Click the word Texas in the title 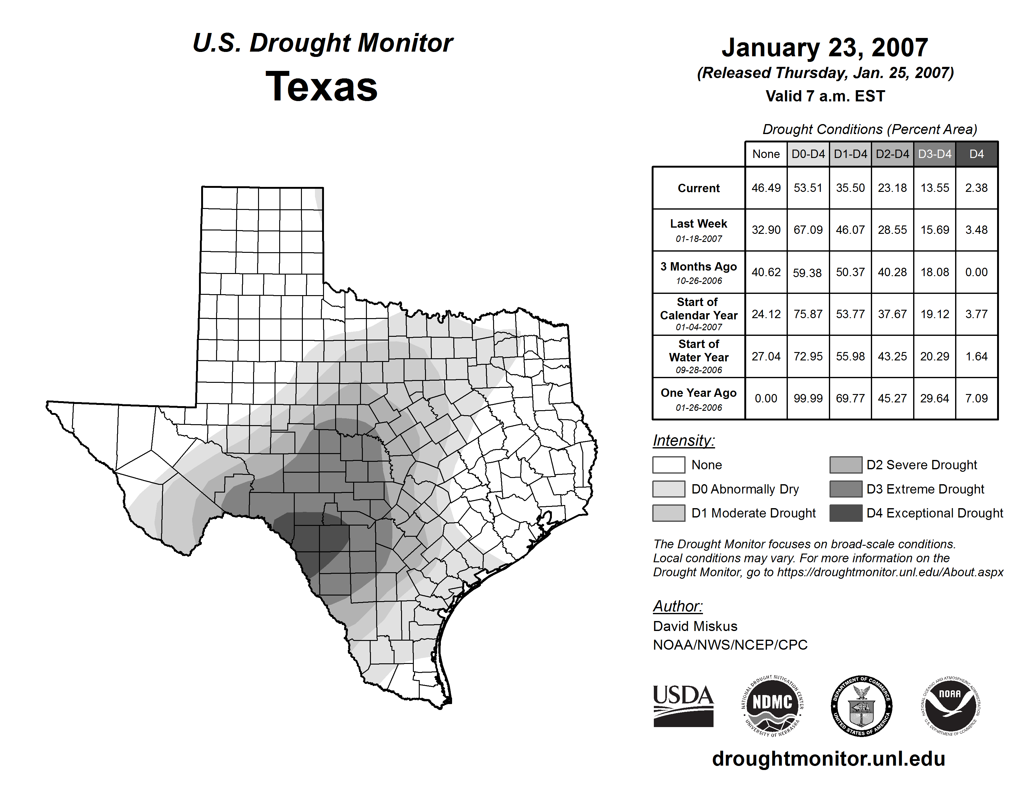321,86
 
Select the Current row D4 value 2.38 976,188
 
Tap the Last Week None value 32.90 766,230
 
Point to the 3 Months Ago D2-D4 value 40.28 892,272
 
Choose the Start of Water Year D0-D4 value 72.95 808,357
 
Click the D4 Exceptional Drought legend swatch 846,513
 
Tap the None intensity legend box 668,465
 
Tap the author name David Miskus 695,626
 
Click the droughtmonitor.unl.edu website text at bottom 828,759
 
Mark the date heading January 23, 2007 825,48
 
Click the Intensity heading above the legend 683,441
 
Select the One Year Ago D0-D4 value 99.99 808,398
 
